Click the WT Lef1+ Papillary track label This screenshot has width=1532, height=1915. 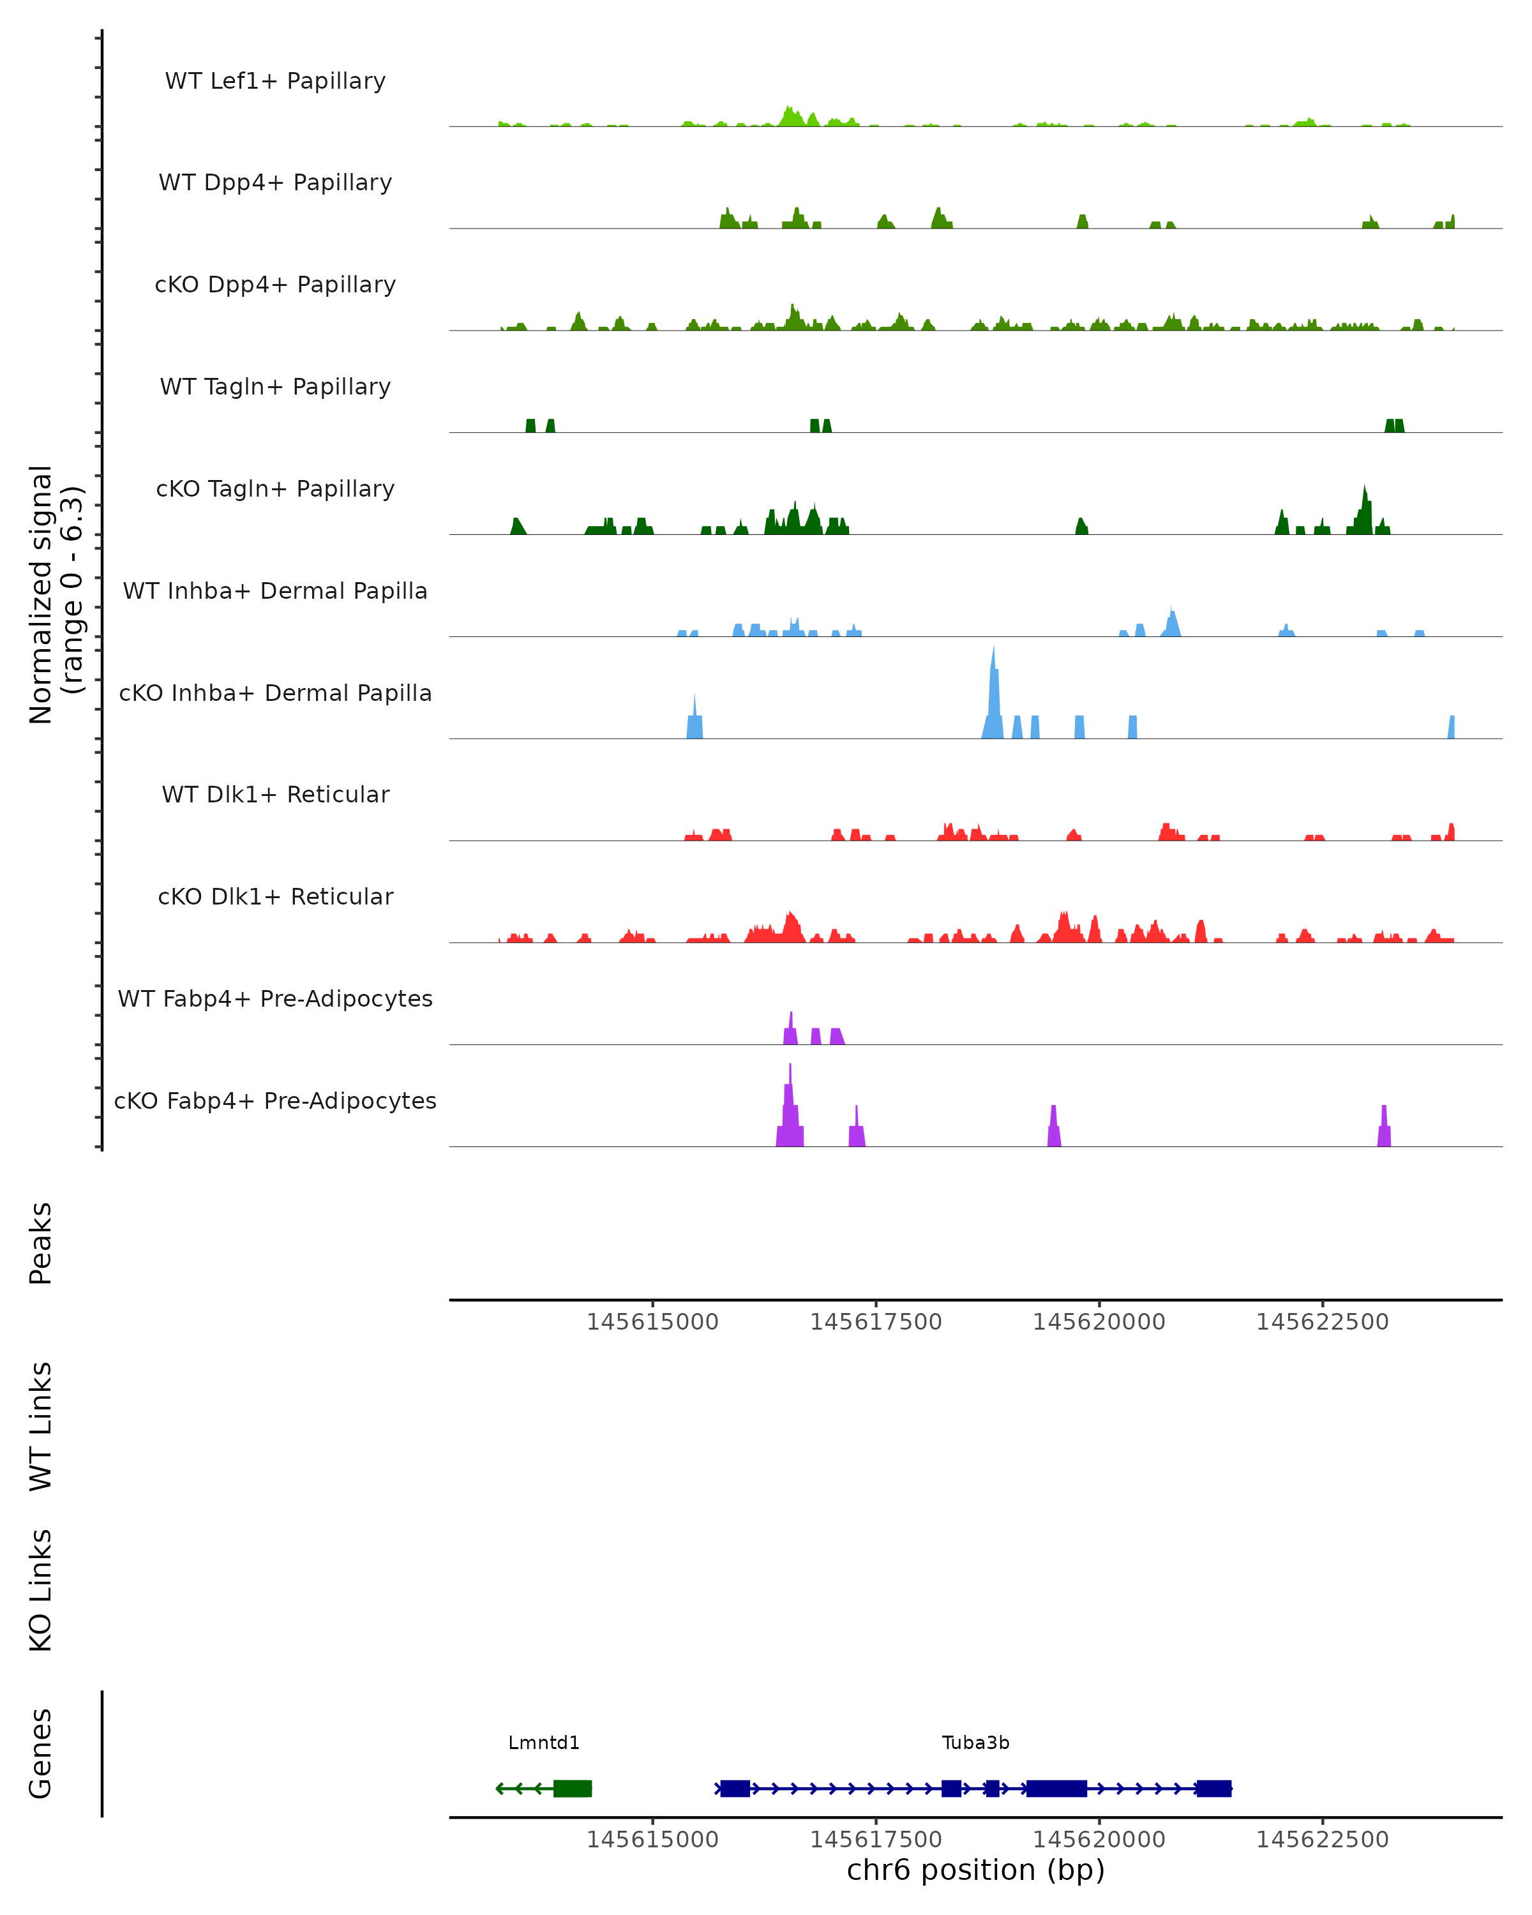click(x=275, y=81)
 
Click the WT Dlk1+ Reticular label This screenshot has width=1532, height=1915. click(x=275, y=794)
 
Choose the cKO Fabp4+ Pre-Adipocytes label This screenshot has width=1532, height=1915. click(x=275, y=1100)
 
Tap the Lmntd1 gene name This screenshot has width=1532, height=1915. click(x=543, y=1743)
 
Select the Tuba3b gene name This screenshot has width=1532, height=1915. click(x=975, y=1743)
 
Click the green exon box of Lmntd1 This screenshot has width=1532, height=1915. click(x=572, y=1788)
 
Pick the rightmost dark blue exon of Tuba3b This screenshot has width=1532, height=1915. click(x=1213, y=1788)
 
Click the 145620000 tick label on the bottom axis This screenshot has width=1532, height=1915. click(x=1099, y=1840)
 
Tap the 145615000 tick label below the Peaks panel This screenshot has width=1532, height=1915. click(x=653, y=1322)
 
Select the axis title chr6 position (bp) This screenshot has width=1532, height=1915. click(x=975, y=1870)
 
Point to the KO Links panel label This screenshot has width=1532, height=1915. click(x=41, y=1590)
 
